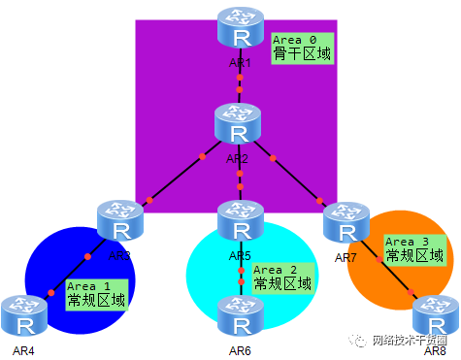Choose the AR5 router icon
240,222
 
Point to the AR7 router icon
346,222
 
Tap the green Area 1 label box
96,295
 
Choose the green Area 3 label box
414,249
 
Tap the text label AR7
346,257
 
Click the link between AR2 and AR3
177,177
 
